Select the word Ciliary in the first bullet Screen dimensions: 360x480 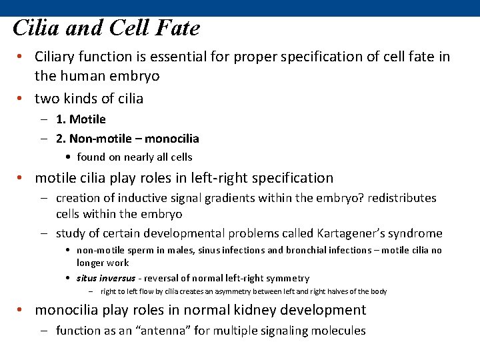(x=57, y=57)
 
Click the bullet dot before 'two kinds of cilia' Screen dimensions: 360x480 (x=22, y=99)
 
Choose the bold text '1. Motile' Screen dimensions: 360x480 (x=81, y=119)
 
